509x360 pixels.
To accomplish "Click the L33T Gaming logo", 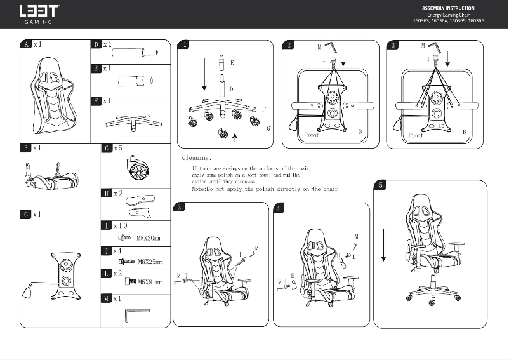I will (39, 14).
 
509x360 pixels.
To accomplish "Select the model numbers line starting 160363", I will (447, 20).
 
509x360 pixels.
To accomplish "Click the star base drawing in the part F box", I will (130, 121).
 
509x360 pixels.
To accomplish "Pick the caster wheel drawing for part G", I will (136, 170).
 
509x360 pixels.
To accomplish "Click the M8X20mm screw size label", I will (149, 239).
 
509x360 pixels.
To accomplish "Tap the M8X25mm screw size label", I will (150, 262).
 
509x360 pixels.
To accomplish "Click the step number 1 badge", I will (184, 45).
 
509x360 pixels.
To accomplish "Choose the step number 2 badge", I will (289, 45).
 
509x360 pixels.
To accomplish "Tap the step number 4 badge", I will (279, 208).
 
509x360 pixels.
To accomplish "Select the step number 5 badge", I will (380, 185).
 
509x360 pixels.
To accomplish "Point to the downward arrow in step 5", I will (383, 248).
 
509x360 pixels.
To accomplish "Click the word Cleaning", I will (197, 157).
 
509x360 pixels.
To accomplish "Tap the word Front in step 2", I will (312, 135).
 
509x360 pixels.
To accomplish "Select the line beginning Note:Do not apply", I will (264, 189).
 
